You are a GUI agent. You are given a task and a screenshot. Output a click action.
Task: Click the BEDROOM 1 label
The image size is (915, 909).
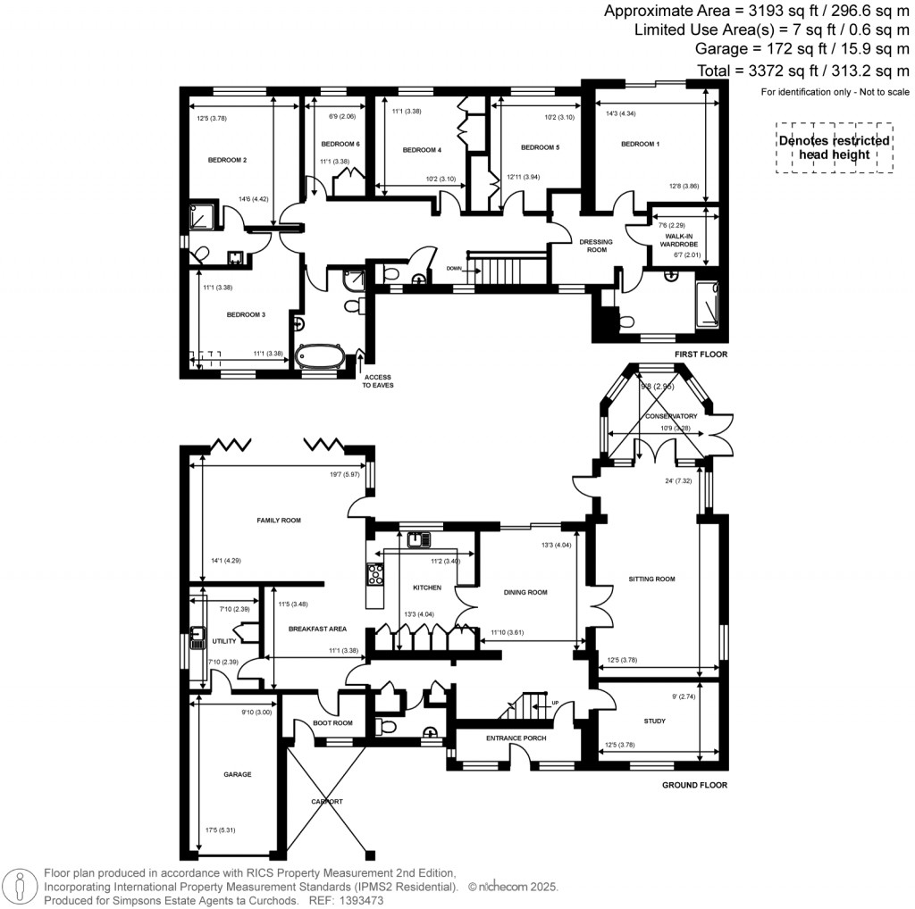tap(640, 144)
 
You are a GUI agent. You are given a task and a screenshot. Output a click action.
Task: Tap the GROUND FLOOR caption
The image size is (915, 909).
tap(694, 786)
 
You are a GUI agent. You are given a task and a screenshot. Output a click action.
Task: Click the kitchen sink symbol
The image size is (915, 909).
tap(417, 538)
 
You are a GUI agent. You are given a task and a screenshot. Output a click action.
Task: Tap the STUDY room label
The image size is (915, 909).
tap(654, 720)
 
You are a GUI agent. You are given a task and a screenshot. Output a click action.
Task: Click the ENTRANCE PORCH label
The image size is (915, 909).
tap(516, 738)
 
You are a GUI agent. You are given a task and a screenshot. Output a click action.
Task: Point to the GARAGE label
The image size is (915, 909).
tap(237, 774)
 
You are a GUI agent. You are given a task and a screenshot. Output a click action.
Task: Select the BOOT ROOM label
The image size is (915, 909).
tap(332, 723)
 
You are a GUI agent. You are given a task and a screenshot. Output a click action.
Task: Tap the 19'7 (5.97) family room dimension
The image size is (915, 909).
tap(344, 474)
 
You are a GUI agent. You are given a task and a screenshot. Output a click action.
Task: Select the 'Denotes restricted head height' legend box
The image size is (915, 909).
tap(834, 147)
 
